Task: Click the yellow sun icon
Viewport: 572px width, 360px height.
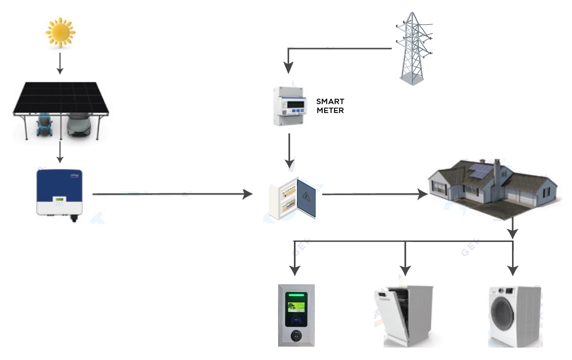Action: click(x=60, y=32)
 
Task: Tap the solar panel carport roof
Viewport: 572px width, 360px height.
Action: click(x=60, y=96)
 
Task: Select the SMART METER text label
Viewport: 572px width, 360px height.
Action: click(x=330, y=106)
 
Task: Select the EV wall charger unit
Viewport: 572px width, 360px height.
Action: click(x=296, y=315)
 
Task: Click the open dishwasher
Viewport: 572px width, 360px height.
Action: click(x=403, y=316)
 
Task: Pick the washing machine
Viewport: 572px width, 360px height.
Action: click(x=515, y=316)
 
